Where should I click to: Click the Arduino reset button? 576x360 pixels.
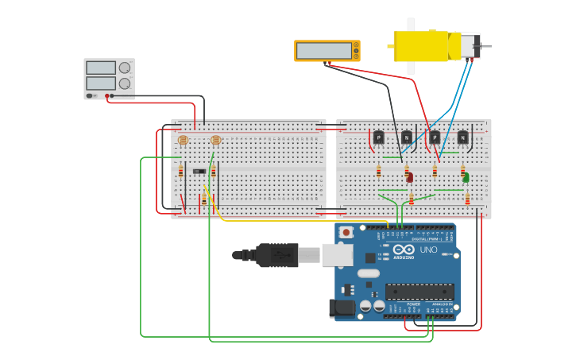[346, 232]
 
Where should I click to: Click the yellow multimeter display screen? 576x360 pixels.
[324, 51]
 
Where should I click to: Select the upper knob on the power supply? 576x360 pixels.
[125, 68]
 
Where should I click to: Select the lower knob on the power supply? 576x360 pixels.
[125, 83]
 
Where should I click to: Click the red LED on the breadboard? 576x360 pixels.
[410, 177]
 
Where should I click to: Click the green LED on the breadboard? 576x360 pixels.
[466, 177]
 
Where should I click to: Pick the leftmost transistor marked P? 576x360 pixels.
[378, 137]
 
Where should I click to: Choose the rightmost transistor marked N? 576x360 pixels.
[462, 137]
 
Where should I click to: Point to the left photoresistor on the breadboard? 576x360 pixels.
[183, 141]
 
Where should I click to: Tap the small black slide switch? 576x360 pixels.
[199, 171]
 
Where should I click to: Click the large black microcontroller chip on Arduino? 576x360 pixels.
[419, 291]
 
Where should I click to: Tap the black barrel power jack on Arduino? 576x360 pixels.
[342, 308]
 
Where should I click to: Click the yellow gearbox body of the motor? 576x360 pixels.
[423, 46]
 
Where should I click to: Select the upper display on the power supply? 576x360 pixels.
[101, 68]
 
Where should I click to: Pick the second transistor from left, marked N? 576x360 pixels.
[407, 137]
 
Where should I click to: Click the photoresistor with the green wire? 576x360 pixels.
[215, 141]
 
